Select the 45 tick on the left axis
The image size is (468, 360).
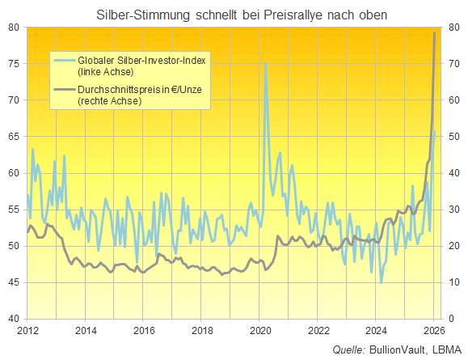pyautogui.click(x=14, y=282)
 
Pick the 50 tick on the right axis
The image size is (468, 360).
pyautogui.click(x=453, y=136)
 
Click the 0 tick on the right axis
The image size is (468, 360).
pyautogui.click(x=450, y=318)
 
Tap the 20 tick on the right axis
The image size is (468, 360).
pyautogui.click(x=453, y=245)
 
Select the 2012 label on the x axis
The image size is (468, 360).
pyautogui.click(x=27, y=330)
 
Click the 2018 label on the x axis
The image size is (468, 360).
pyautogui.click(x=202, y=330)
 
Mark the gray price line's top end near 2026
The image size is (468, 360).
pyautogui.click(x=435, y=32)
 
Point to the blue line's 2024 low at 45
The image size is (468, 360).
pyautogui.click(x=381, y=282)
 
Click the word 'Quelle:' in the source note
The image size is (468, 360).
pyautogui.click(x=349, y=349)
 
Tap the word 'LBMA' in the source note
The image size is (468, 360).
pyautogui.click(x=446, y=349)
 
